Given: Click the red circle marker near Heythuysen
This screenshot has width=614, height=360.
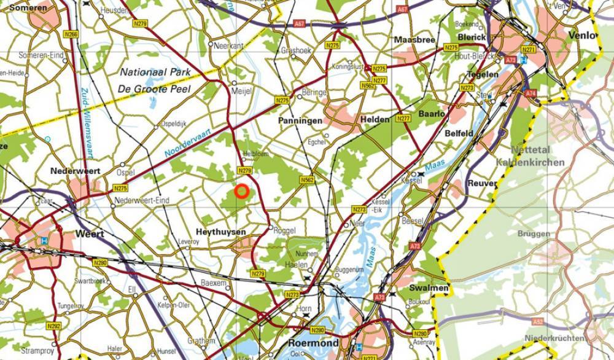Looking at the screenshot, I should [241, 192].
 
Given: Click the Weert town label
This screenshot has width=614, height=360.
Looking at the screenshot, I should [90, 234].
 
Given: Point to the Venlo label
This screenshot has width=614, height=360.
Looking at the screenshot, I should [582, 36].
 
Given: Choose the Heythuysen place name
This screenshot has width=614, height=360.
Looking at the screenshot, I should [220, 232].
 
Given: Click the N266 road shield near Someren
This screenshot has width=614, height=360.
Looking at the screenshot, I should [71, 35].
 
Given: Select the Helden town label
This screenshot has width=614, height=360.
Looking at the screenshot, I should [375, 120].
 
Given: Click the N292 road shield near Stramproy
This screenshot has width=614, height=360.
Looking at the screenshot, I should [53, 326].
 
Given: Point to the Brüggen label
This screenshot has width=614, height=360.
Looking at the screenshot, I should [534, 234].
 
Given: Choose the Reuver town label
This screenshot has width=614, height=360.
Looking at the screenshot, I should [481, 183].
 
